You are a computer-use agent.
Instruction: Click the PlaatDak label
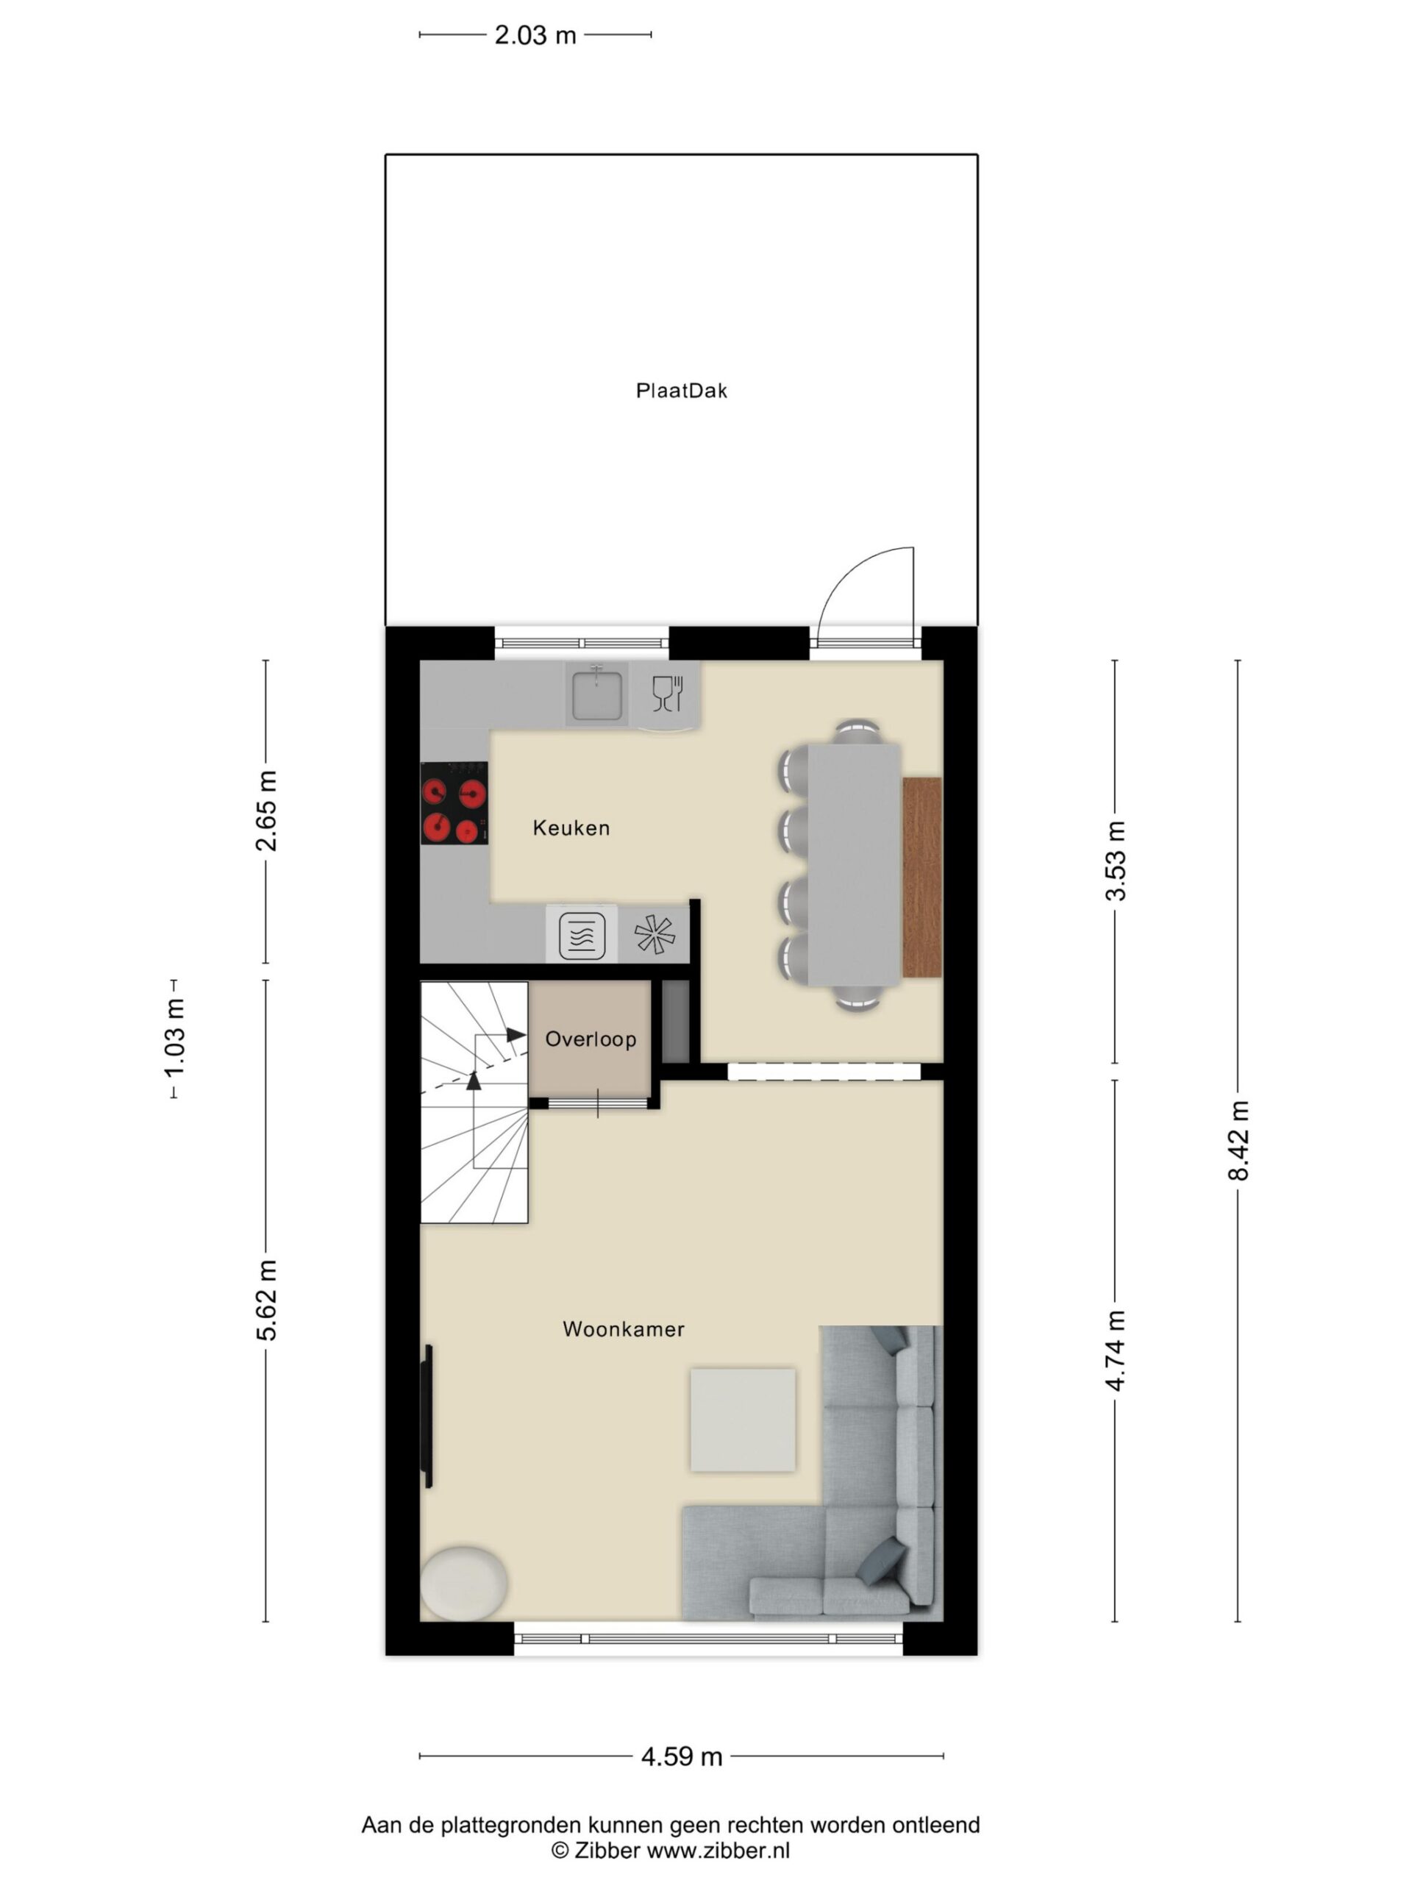(681, 391)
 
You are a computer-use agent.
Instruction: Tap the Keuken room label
(571, 827)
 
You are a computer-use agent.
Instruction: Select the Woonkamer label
(623, 1329)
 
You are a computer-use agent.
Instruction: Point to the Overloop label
(591, 1039)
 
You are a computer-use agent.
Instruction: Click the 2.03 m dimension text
(535, 35)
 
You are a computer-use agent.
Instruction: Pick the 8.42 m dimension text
(1238, 1141)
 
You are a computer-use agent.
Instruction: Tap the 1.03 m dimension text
(174, 1039)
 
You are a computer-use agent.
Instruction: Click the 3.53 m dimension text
(1115, 861)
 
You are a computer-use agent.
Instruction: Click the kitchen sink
(596, 694)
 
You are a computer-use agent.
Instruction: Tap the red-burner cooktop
(454, 802)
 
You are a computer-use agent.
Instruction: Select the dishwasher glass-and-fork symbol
(667, 694)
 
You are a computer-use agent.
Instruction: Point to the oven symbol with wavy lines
(582, 936)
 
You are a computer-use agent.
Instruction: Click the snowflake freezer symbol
(655, 934)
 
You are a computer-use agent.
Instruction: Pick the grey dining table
(854, 865)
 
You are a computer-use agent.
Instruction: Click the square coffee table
(742, 1420)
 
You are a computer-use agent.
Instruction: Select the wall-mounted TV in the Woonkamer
(428, 1417)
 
